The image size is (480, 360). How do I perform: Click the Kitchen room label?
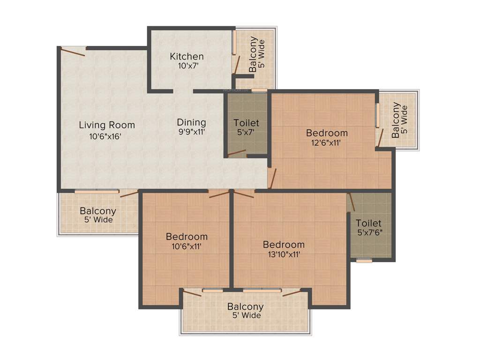click(x=187, y=56)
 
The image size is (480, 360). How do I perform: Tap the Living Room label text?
click(x=107, y=125)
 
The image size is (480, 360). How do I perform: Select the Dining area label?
click(x=191, y=122)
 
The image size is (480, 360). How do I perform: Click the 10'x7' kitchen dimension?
click(x=187, y=66)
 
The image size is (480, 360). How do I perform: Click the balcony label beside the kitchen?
click(x=257, y=54)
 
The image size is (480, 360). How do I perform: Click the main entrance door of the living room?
click(x=73, y=51)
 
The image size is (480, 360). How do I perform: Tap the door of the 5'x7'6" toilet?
click(x=351, y=202)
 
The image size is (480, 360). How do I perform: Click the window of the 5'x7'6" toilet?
click(x=364, y=261)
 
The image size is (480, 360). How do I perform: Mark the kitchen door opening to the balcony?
click(x=237, y=65)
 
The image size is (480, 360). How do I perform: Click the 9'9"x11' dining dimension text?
click(x=191, y=132)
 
